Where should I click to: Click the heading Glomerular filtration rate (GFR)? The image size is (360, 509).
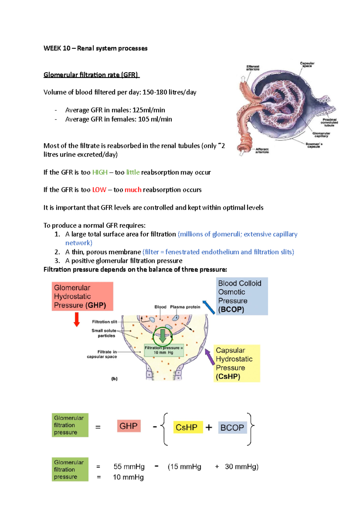point(91,75)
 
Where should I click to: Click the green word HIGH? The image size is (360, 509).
point(100,172)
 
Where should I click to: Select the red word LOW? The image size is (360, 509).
point(99,190)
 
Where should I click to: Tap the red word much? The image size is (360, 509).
point(133,190)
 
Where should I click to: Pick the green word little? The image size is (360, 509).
point(133,172)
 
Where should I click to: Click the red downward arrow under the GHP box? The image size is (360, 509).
point(77,319)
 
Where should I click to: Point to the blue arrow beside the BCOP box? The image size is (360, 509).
point(209,307)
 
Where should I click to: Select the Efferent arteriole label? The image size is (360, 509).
point(253,68)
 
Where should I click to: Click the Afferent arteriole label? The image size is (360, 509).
point(262,150)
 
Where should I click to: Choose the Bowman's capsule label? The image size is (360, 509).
point(314,145)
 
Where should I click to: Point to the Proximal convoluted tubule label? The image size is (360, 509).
point(329,122)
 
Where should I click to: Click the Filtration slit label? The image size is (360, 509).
point(104,322)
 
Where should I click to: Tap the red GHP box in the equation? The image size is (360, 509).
point(128,426)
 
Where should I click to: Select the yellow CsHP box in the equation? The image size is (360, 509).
point(186,427)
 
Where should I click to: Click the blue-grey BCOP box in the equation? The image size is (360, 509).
point(232,427)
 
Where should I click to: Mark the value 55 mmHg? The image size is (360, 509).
point(129,466)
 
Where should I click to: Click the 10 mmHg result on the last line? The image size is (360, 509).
point(128,477)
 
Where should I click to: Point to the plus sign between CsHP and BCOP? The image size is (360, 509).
point(209,427)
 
